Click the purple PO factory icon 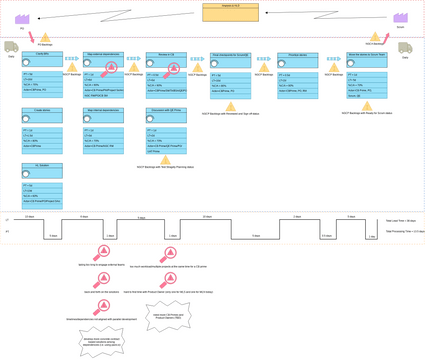point(22,19)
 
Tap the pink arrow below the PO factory point(31,37)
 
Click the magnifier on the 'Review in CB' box point(172,69)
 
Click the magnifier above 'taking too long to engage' point(102,251)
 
